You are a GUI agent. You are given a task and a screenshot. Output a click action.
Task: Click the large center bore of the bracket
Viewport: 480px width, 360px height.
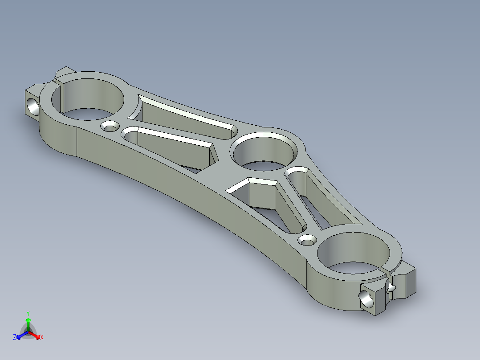tap(264, 152)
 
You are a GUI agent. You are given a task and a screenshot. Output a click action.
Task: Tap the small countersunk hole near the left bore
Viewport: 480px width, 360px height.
tap(110, 127)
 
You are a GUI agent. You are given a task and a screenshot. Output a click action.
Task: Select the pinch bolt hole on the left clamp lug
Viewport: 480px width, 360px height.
tap(33, 106)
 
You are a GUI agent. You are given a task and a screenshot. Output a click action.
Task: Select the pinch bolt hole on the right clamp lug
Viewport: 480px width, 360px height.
tap(367, 298)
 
